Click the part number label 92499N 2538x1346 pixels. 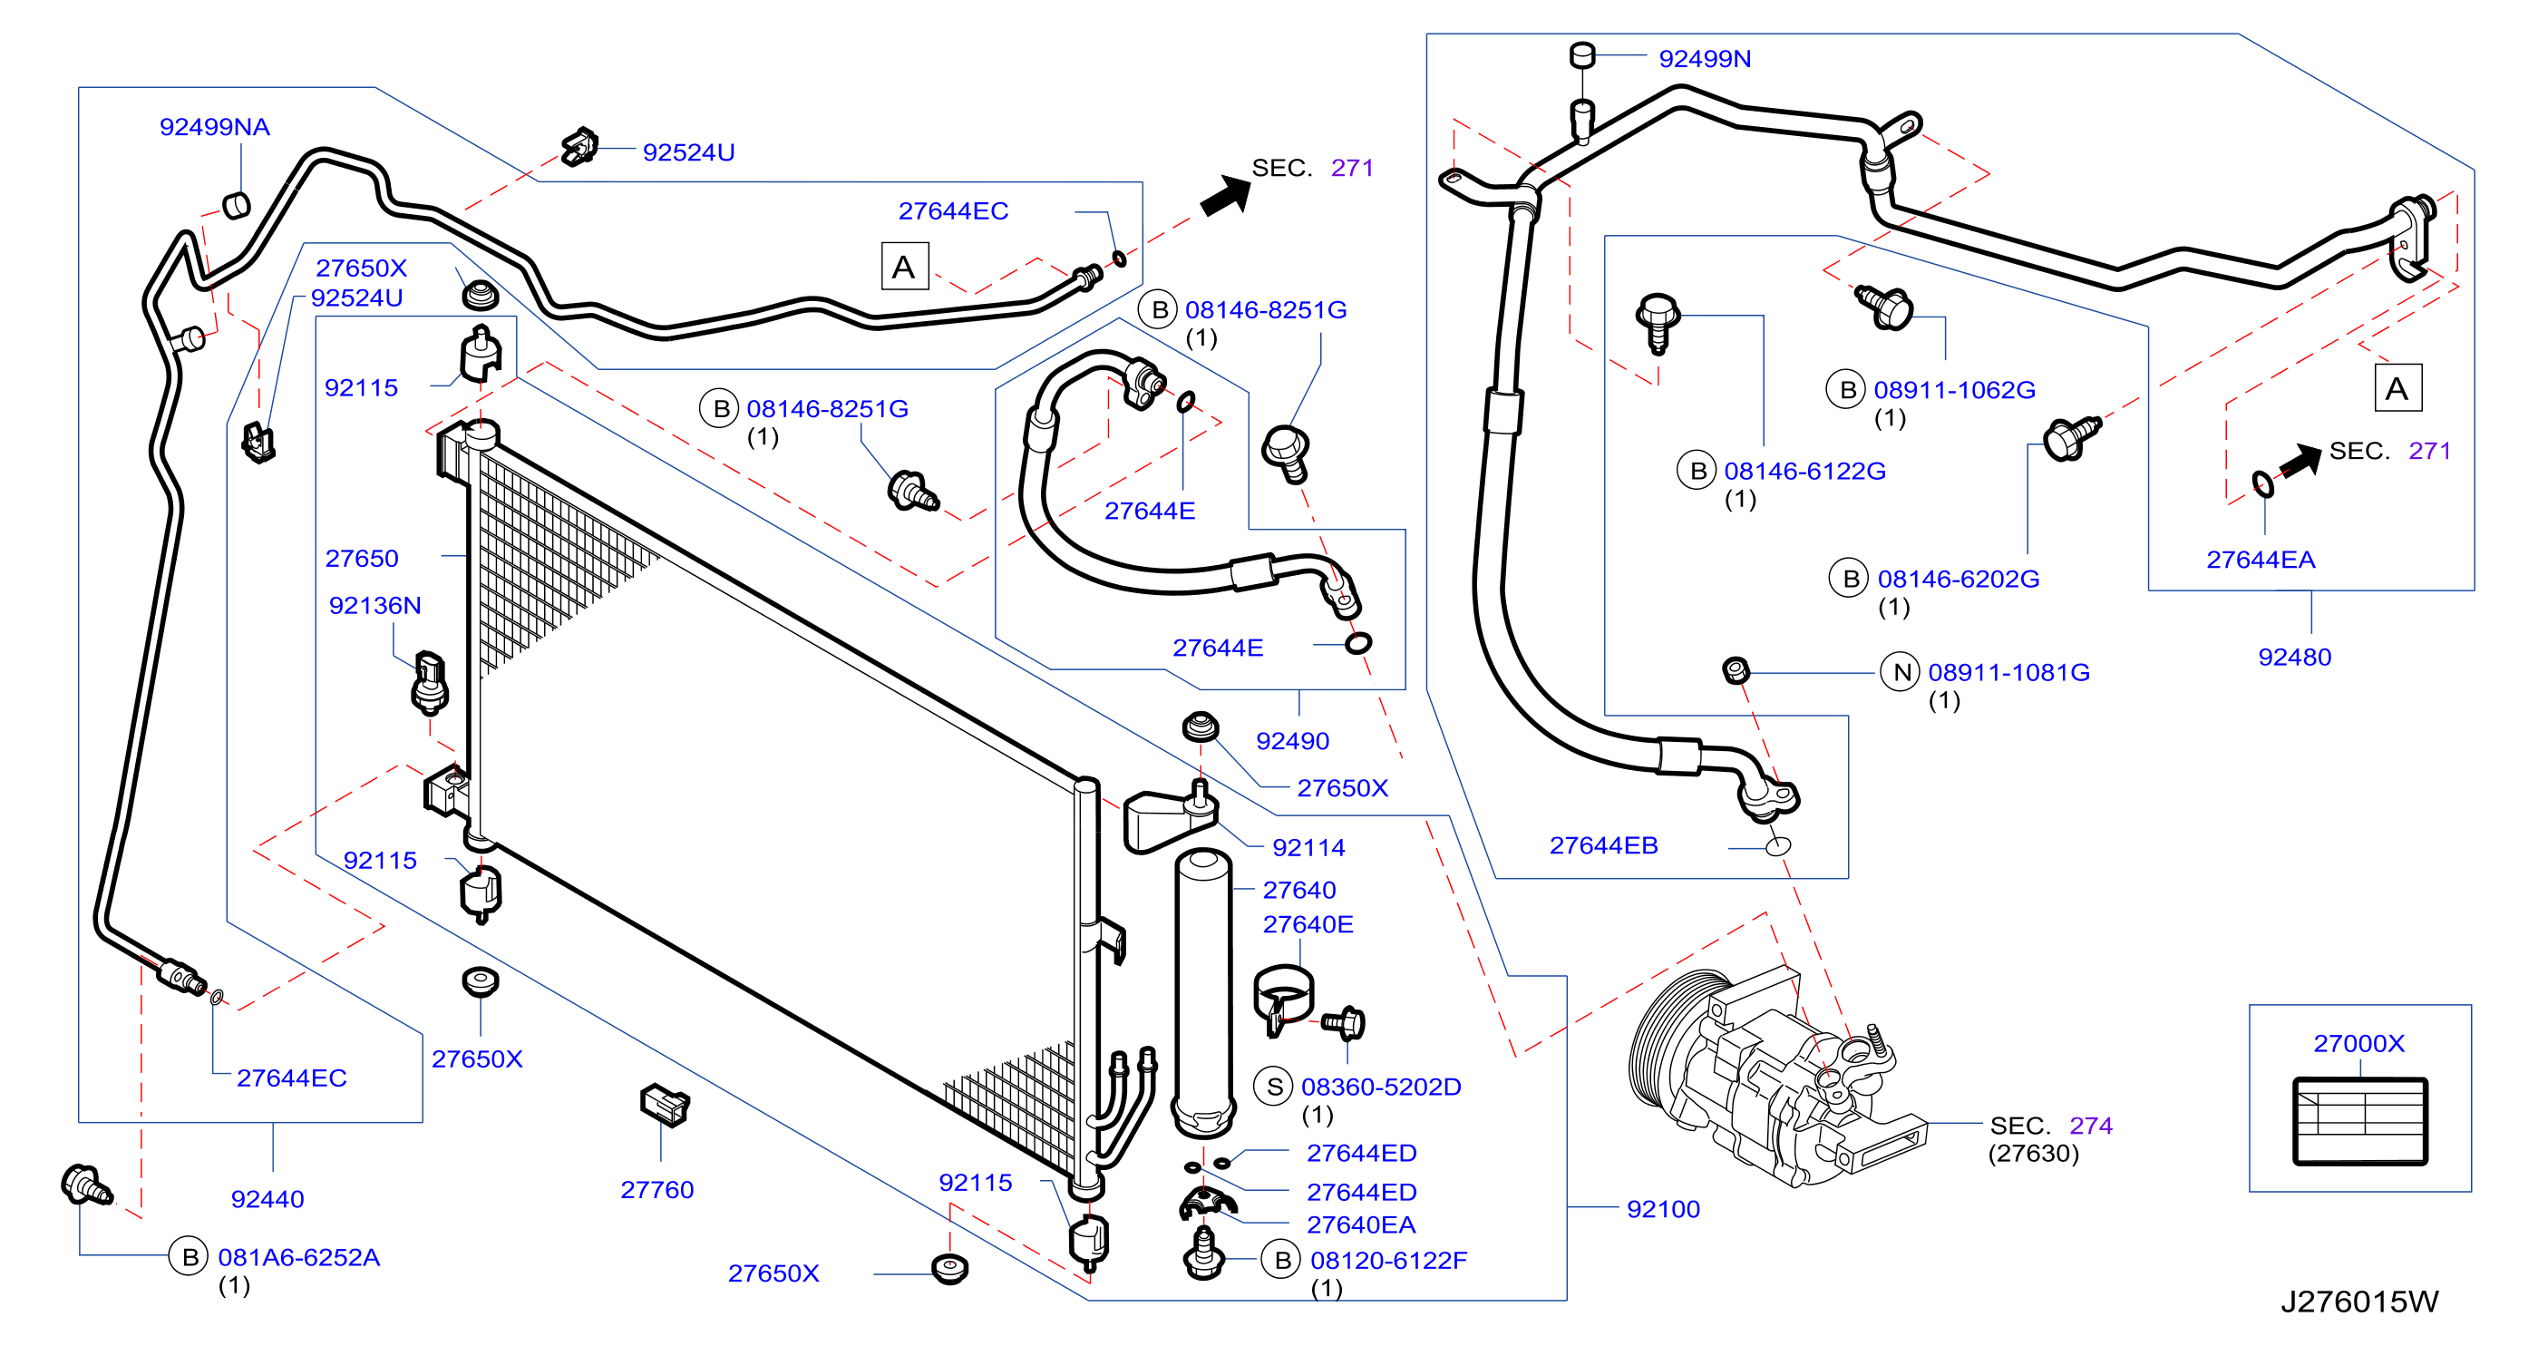1704,59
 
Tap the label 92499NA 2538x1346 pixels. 215,127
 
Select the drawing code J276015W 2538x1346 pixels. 2358,1302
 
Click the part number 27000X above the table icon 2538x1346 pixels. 2358,1042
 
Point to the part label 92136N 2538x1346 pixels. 374,605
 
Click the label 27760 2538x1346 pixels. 657,1189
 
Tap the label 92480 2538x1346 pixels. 2295,658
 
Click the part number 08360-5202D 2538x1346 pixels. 1381,1087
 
